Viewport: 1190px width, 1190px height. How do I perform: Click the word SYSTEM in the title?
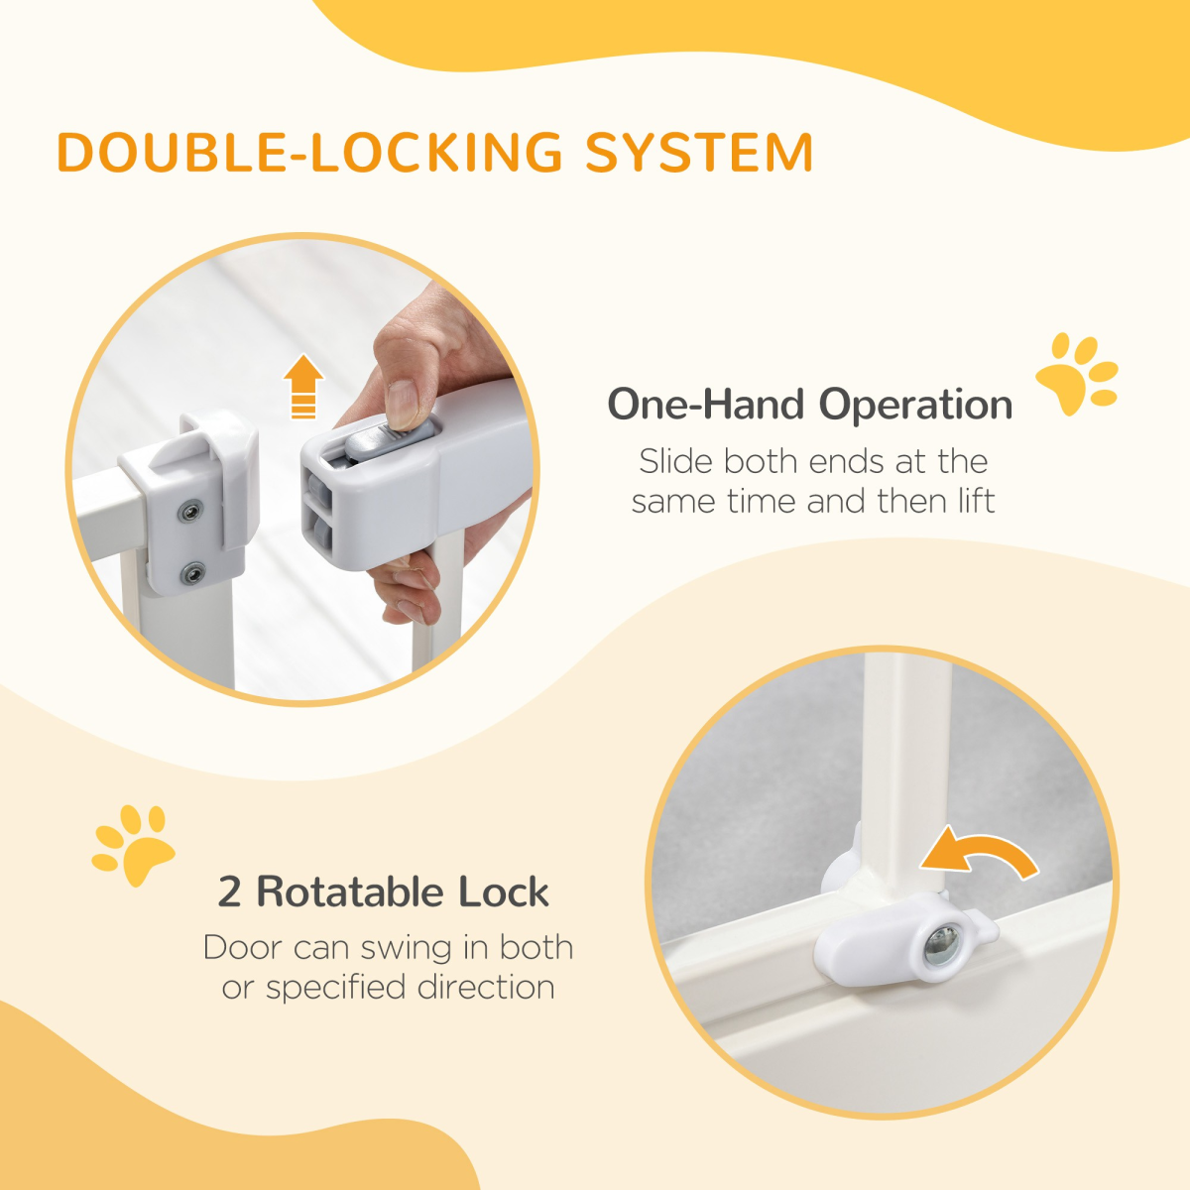tap(699, 153)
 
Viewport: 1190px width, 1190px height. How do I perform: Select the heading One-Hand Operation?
tap(809, 405)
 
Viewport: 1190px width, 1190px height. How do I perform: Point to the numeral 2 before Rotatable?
tap(229, 892)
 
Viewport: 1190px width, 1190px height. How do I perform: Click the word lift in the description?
tap(976, 502)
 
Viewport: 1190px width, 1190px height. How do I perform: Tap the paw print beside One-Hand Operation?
tap(1077, 375)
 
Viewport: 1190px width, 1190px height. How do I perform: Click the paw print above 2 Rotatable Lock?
tap(134, 845)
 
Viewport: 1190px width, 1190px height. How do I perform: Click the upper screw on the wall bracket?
tap(188, 512)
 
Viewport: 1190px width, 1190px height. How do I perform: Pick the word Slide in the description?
tap(676, 462)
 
